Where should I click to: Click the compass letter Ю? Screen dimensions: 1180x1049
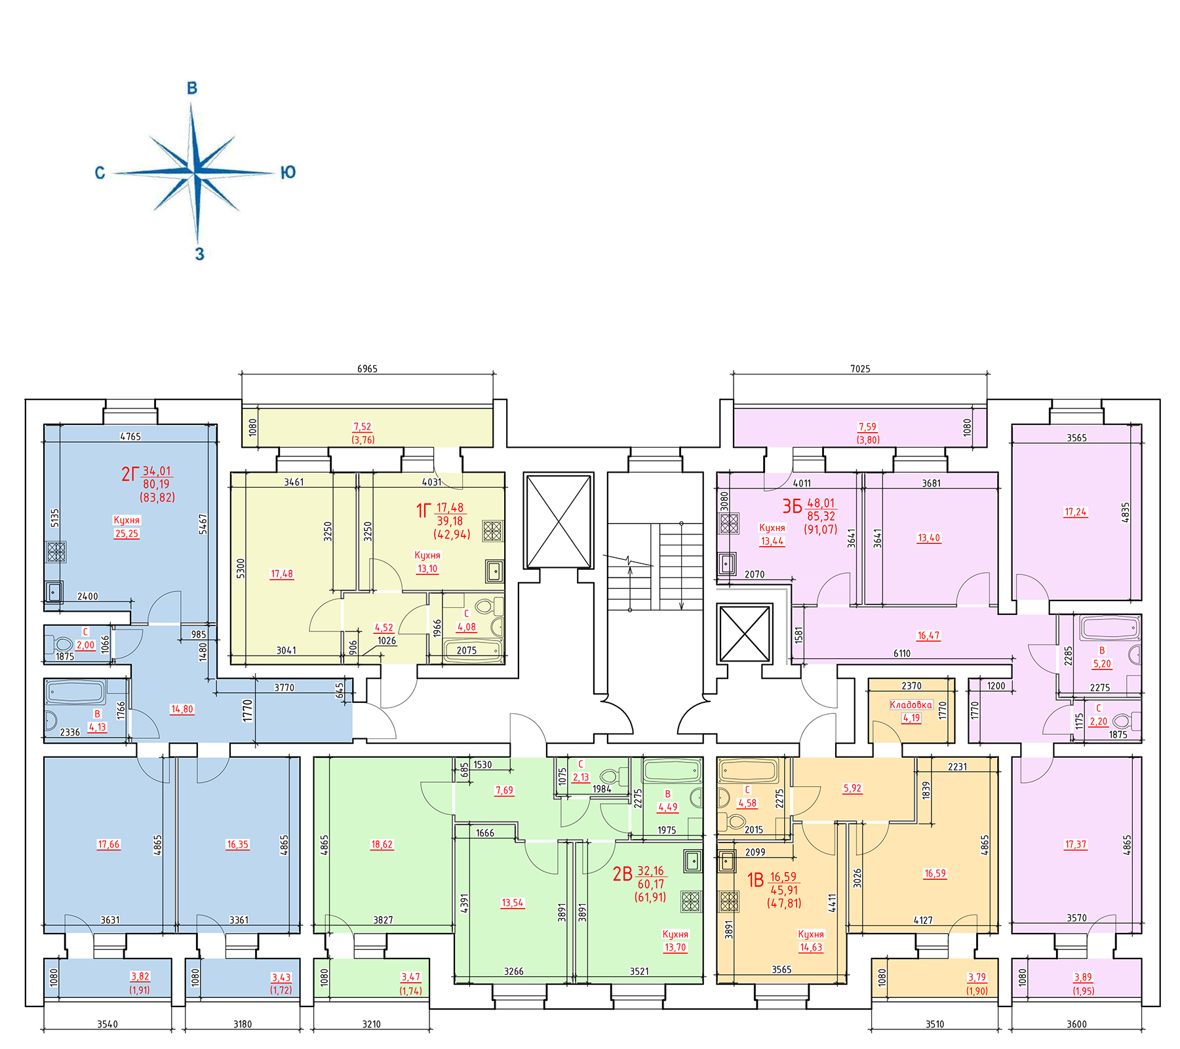point(288,172)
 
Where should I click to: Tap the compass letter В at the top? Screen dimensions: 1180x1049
point(192,88)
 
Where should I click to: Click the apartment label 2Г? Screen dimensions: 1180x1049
point(130,474)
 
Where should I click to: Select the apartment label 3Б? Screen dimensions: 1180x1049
point(792,506)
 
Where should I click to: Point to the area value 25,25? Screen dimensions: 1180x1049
point(127,534)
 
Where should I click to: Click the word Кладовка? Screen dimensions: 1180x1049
point(911,705)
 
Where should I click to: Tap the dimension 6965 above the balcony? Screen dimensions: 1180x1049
point(367,369)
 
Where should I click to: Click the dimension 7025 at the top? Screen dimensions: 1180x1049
point(860,369)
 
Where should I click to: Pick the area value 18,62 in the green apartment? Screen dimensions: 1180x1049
point(382,844)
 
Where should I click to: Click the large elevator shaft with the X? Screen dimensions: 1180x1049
point(559,521)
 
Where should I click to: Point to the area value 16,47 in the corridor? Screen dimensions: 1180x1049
point(928,635)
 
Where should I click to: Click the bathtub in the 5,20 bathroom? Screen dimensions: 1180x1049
point(1110,628)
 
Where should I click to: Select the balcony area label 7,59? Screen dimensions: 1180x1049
point(867,427)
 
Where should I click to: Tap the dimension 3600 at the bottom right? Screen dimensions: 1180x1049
point(1076,1024)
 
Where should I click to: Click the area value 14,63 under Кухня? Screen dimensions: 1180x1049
point(810,947)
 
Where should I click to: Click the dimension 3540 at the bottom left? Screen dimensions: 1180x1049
point(108,1024)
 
